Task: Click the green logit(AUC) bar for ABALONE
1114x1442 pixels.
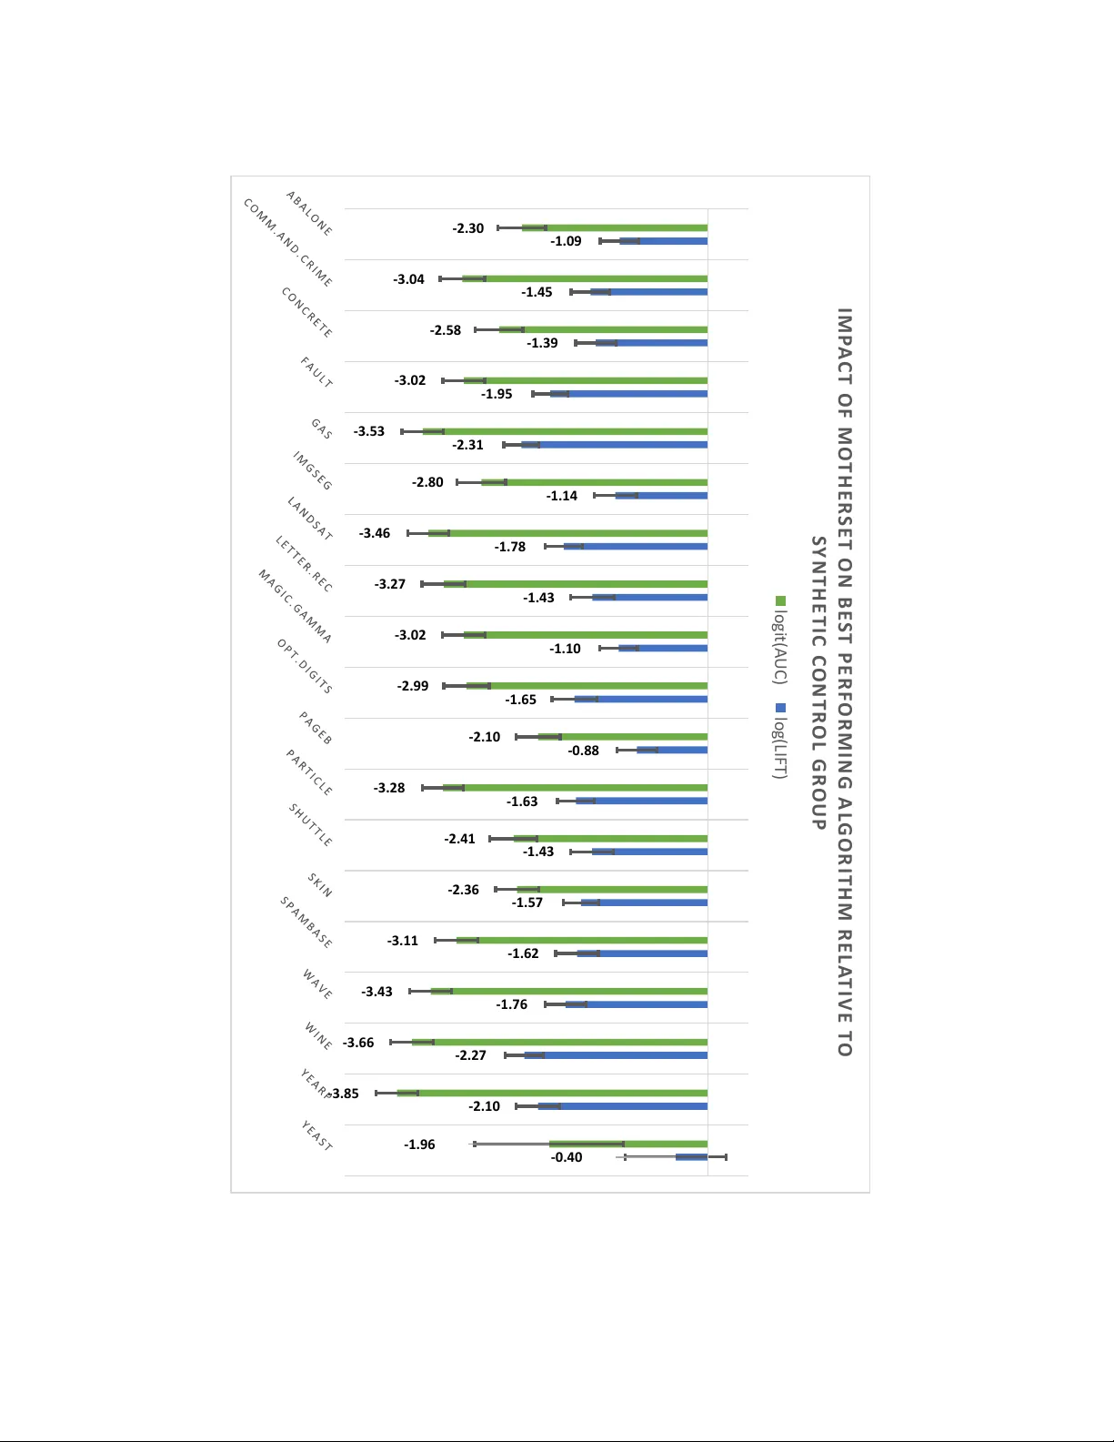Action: coord(627,227)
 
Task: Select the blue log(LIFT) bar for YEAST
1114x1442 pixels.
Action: coord(692,1157)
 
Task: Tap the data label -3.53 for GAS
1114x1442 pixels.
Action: coord(369,431)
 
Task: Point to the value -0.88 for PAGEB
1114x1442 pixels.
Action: coord(584,751)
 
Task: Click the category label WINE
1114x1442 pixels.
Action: coord(318,1036)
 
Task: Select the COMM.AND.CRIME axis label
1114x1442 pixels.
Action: coord(287,243)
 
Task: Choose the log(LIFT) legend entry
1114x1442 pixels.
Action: coord(779,741)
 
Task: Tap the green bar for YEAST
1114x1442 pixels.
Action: coord(627,1144)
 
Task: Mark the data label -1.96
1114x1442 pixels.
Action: coord(419,1145)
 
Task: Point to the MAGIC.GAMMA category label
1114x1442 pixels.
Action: coord(295,607)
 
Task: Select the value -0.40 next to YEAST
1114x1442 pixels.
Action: coord(567,1157)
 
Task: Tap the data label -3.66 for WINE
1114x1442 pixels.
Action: coord(358,1043)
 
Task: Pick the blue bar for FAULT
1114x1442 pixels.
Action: coord(637,394)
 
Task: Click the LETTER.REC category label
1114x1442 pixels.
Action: coord(304,564)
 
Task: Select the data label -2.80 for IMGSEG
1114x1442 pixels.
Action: coord(427,482)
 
